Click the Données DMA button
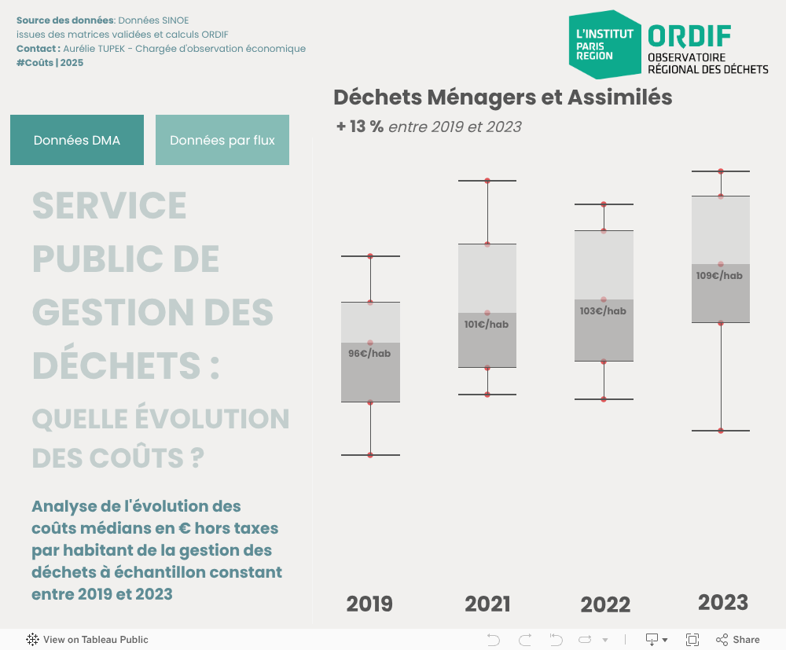tap(77, 140)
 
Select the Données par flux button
tap(222, 140)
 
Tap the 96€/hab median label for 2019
tap(369, 354)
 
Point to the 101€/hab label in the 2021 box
tap(487, 325)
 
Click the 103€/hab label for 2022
tap(603, 311)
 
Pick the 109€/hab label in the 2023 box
tap(719, 276)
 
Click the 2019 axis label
tap(369, 604)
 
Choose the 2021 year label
tap(487, 604)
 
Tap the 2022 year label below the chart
tap(605, 604)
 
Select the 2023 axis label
tap(723, 602)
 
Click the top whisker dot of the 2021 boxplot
tap(487, 181)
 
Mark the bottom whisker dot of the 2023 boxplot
tap(721, 431)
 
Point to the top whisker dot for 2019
tap(370, 256)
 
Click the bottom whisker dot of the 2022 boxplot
tap(604, 399)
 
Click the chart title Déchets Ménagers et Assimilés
tap(502, 97)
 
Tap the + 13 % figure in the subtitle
tap(360, 127)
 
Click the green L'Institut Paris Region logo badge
tap(604, 45)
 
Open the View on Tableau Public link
tap(87, 640)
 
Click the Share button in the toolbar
tap(738, 640)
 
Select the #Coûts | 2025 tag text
tap(50, 63)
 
